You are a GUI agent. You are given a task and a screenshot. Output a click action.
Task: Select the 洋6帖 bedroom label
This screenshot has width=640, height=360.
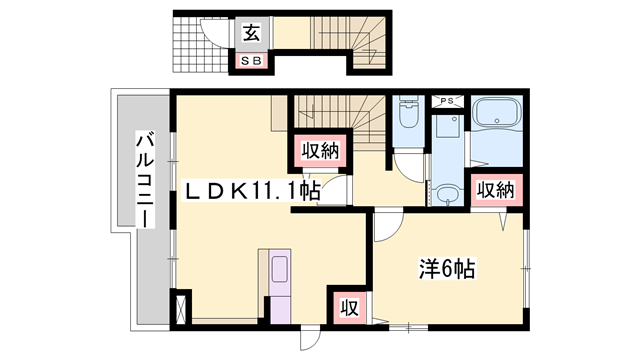445,268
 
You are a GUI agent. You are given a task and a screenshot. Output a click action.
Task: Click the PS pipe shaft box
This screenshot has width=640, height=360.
445,101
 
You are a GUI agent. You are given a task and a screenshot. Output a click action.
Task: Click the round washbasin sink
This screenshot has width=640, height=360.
448,192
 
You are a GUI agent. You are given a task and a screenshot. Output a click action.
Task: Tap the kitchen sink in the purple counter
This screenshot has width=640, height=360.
279,270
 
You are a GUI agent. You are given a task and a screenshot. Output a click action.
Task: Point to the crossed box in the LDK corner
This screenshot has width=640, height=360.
181,307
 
